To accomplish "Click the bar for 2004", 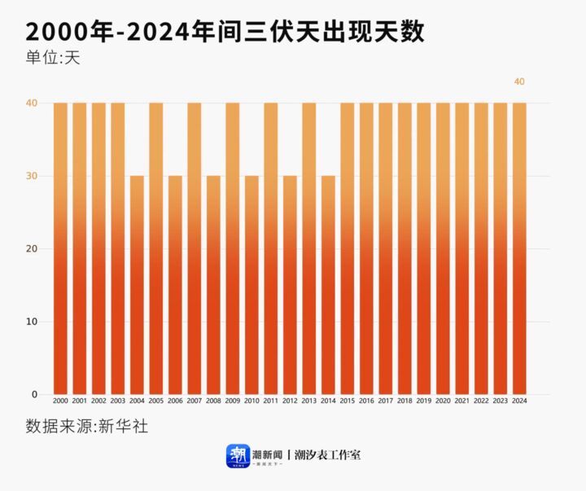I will click(x=137, y=285).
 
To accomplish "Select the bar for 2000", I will click(x=60, y=248).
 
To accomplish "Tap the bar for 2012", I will click(x=290, y=285).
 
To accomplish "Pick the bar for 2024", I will click(x=519, y=248).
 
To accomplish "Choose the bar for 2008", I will click(x=213, y=285).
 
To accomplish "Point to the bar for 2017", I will click(x=385, y=248).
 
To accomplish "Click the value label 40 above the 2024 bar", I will click(x=519, y=81).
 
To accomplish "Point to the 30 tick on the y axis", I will click(x=33, y=176).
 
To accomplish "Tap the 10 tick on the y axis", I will click(x=33, y=322).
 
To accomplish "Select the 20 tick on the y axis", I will click(x=33, y=249).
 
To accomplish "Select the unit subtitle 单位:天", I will click(x=53, y=59).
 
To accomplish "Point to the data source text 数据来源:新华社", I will click(x=87, y=426).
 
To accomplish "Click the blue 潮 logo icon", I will click(x=238, y=455).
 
